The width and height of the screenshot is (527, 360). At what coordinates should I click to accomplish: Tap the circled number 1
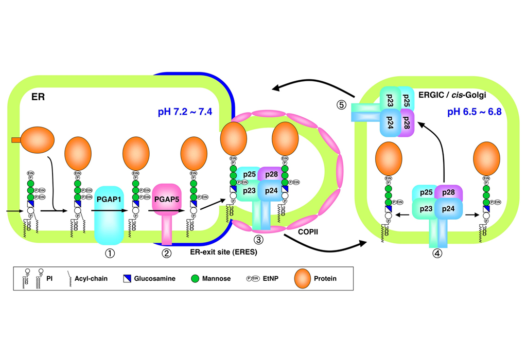click(109, 253)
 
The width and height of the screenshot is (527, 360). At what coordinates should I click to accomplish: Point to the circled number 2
click(166, 253)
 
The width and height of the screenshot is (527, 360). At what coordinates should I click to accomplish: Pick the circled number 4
click(437, 253)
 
